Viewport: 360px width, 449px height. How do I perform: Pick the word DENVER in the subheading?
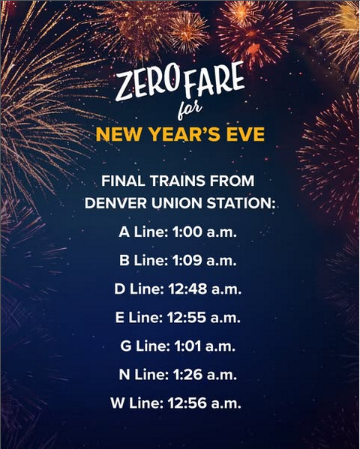point(112,202)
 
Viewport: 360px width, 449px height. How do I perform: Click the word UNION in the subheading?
point(171,202)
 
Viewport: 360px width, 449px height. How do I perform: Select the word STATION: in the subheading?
point(238,202)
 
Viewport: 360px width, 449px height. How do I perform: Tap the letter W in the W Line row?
point(118,403)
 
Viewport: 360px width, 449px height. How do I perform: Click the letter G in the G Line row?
point(125,346)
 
